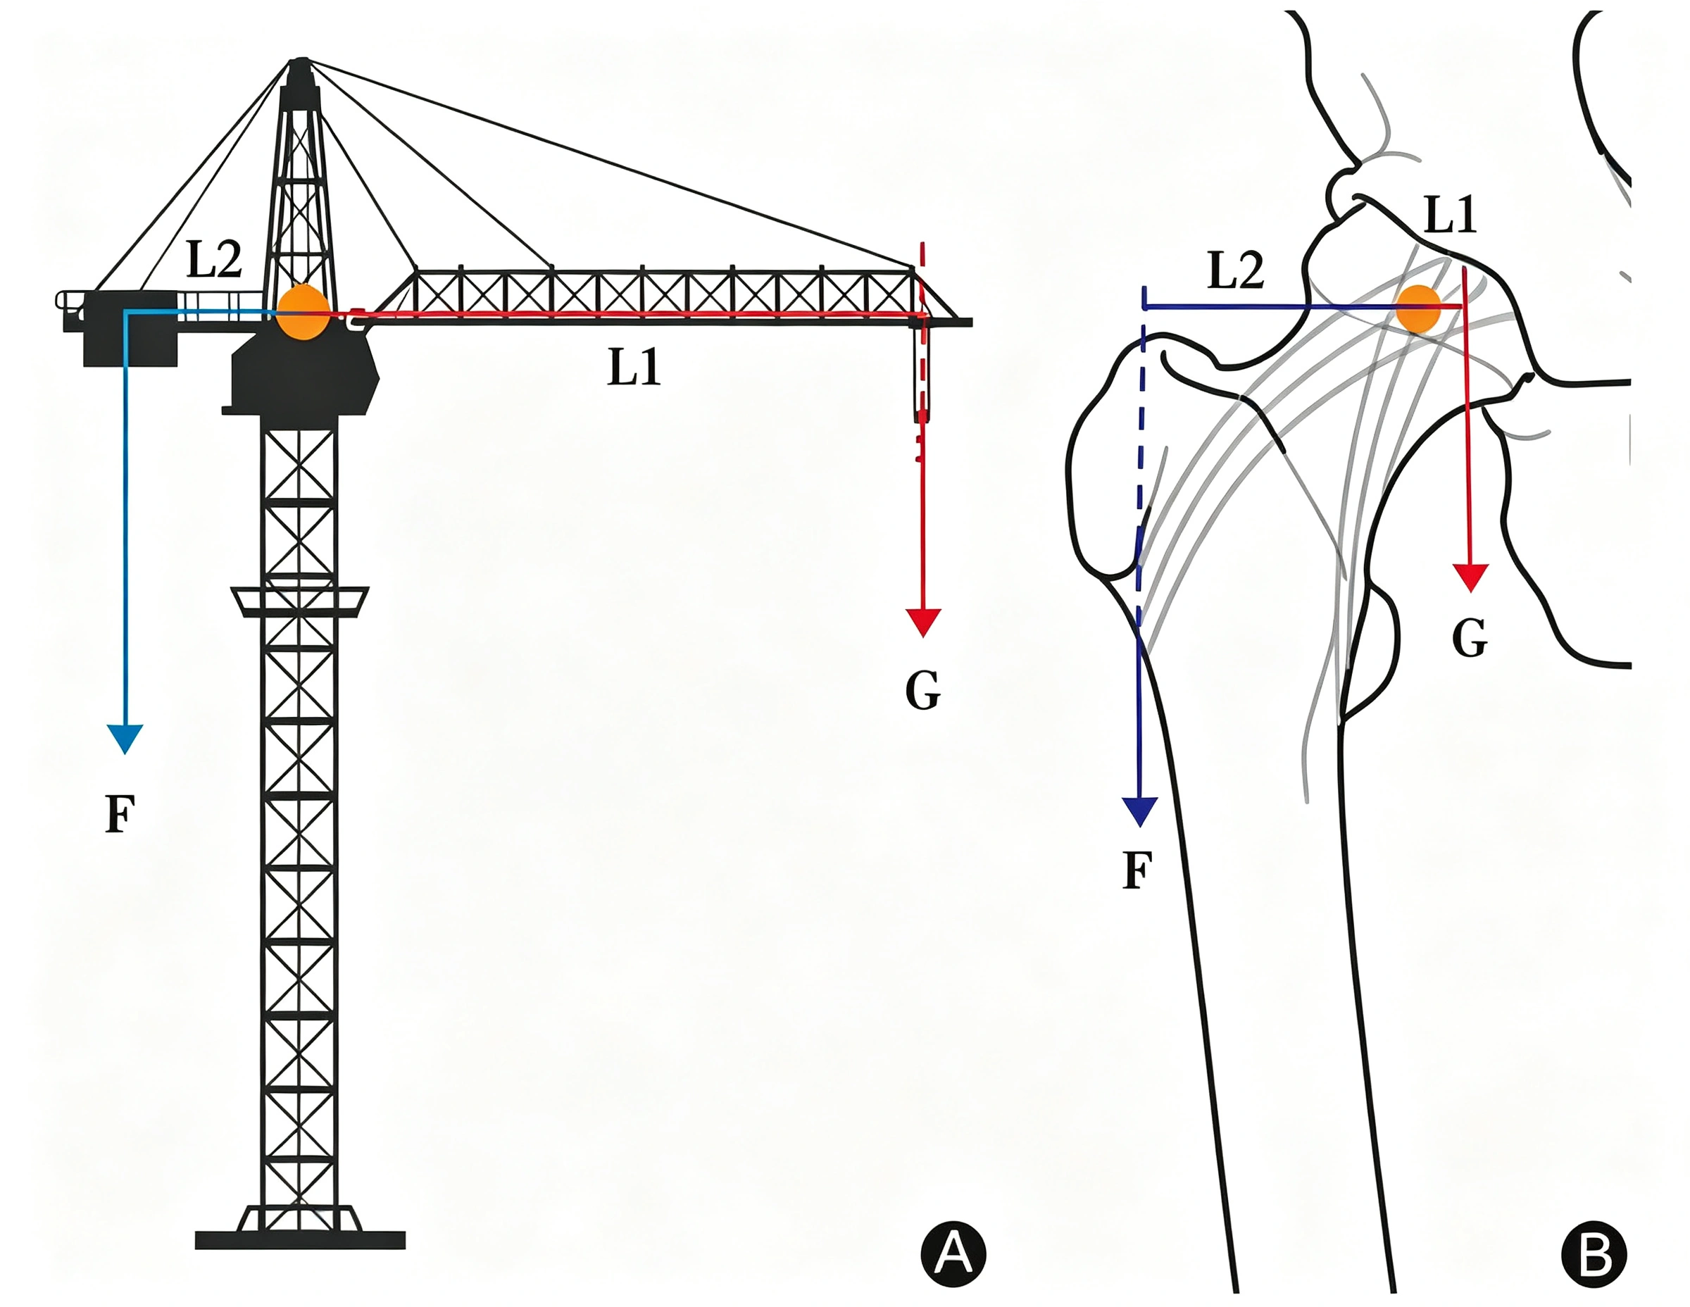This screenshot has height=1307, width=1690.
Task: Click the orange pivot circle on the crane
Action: click(x=302, y=311)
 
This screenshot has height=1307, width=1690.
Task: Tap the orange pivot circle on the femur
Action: click(x=1417, y=308)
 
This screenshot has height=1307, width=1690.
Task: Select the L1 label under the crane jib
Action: click(x=634, y=367)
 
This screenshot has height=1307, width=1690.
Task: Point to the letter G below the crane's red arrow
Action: click(x=922, y=689)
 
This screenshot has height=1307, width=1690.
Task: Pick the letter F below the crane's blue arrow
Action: click(x=120, y=814)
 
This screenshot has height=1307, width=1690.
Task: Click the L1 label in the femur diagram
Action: click(x=1450, y=214)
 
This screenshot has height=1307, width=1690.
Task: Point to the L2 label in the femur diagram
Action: click(x=1236, y=271)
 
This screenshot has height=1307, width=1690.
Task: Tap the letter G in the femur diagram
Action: click(x=1470, y=639)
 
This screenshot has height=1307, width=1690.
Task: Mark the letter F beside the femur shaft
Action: click(x=1137, y=870)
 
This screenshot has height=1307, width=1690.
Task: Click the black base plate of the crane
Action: click(x=300, y=1239)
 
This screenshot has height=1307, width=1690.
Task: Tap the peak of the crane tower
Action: click(x=299, y=61)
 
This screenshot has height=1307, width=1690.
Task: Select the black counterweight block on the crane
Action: click(x=130, y=328)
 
